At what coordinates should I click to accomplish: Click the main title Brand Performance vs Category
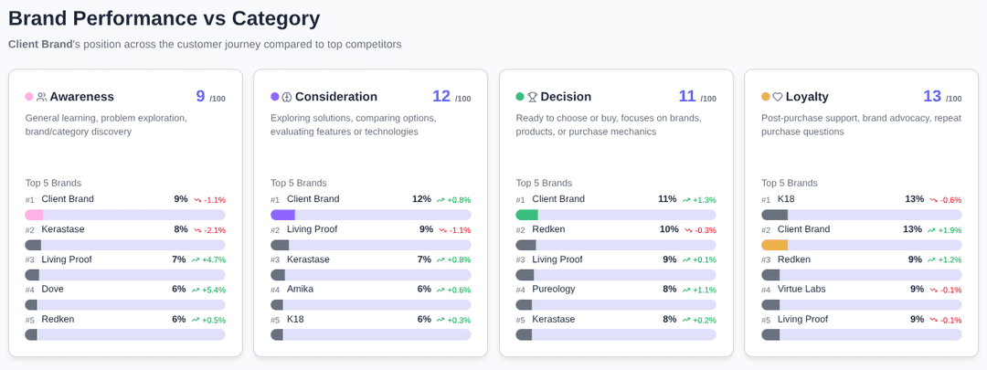(164, 18)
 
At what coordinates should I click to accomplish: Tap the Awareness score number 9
(200, 96)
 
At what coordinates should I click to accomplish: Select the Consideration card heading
(335, 97)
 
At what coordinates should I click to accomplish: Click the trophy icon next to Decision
(532, 97)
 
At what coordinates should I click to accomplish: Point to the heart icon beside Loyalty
(778, 97)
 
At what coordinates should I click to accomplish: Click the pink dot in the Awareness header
(29, 97)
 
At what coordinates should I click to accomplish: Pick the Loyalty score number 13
(931, 96)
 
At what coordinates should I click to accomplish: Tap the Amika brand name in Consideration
(301, 289)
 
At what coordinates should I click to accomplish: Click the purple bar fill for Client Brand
(282, 215)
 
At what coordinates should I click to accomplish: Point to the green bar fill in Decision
(526, 215)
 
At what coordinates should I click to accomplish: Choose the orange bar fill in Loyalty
(774, 245)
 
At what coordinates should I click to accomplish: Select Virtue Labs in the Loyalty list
(801, 289)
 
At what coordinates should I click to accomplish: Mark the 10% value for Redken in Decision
(669, 229)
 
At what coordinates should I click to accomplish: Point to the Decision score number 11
(687, 96)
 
